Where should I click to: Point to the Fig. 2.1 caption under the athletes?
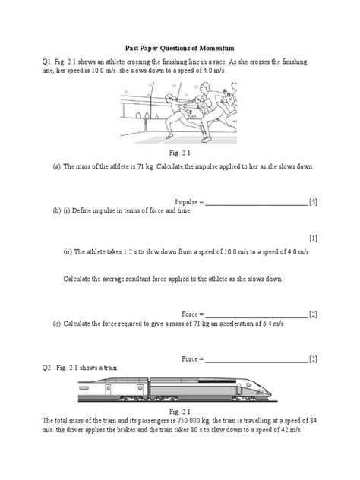179,152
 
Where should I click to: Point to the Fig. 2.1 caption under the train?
179,411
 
